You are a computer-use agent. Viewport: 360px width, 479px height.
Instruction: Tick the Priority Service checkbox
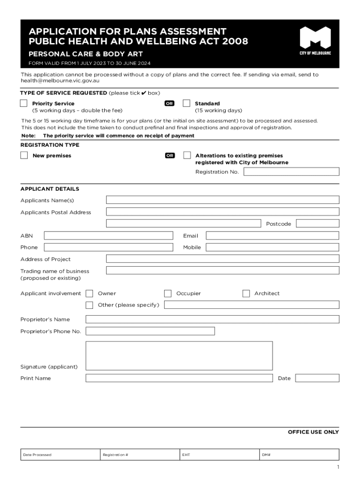click(x=24, y=103)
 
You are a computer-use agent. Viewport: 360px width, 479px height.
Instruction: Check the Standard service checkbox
click(x=187, y=103)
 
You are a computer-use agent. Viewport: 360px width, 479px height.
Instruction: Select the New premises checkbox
click(x=24, y=155)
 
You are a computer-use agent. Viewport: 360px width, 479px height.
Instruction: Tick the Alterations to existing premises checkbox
click(x=187, y=155)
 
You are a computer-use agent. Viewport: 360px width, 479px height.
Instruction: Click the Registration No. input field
click(x=291, y=172)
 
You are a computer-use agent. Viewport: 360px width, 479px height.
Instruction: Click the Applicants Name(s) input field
click(x=223, y=200)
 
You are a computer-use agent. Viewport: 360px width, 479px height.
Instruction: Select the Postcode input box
click(x=317, y=224)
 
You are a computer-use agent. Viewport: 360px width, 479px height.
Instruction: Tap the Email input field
click(x=272, y=236)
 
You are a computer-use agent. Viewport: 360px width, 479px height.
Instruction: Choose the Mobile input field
click(x=272, y=247)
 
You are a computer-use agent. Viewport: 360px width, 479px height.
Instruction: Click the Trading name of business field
click(x=223, y=270)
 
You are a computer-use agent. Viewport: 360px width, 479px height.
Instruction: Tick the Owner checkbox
click(x=89, y=293)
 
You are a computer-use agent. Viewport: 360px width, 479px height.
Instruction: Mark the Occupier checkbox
click(x=168, y=293)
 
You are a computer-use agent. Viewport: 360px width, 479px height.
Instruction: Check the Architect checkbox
click(x=246, y=293)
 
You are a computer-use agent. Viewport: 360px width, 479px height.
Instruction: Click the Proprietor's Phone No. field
click(x=150, y=331)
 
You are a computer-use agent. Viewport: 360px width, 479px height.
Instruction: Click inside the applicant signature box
click(x=179, y=356)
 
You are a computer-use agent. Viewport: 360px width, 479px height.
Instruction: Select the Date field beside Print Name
click(x=317, y=378)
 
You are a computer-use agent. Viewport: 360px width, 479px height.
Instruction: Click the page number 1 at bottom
click(x=337, y=467)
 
